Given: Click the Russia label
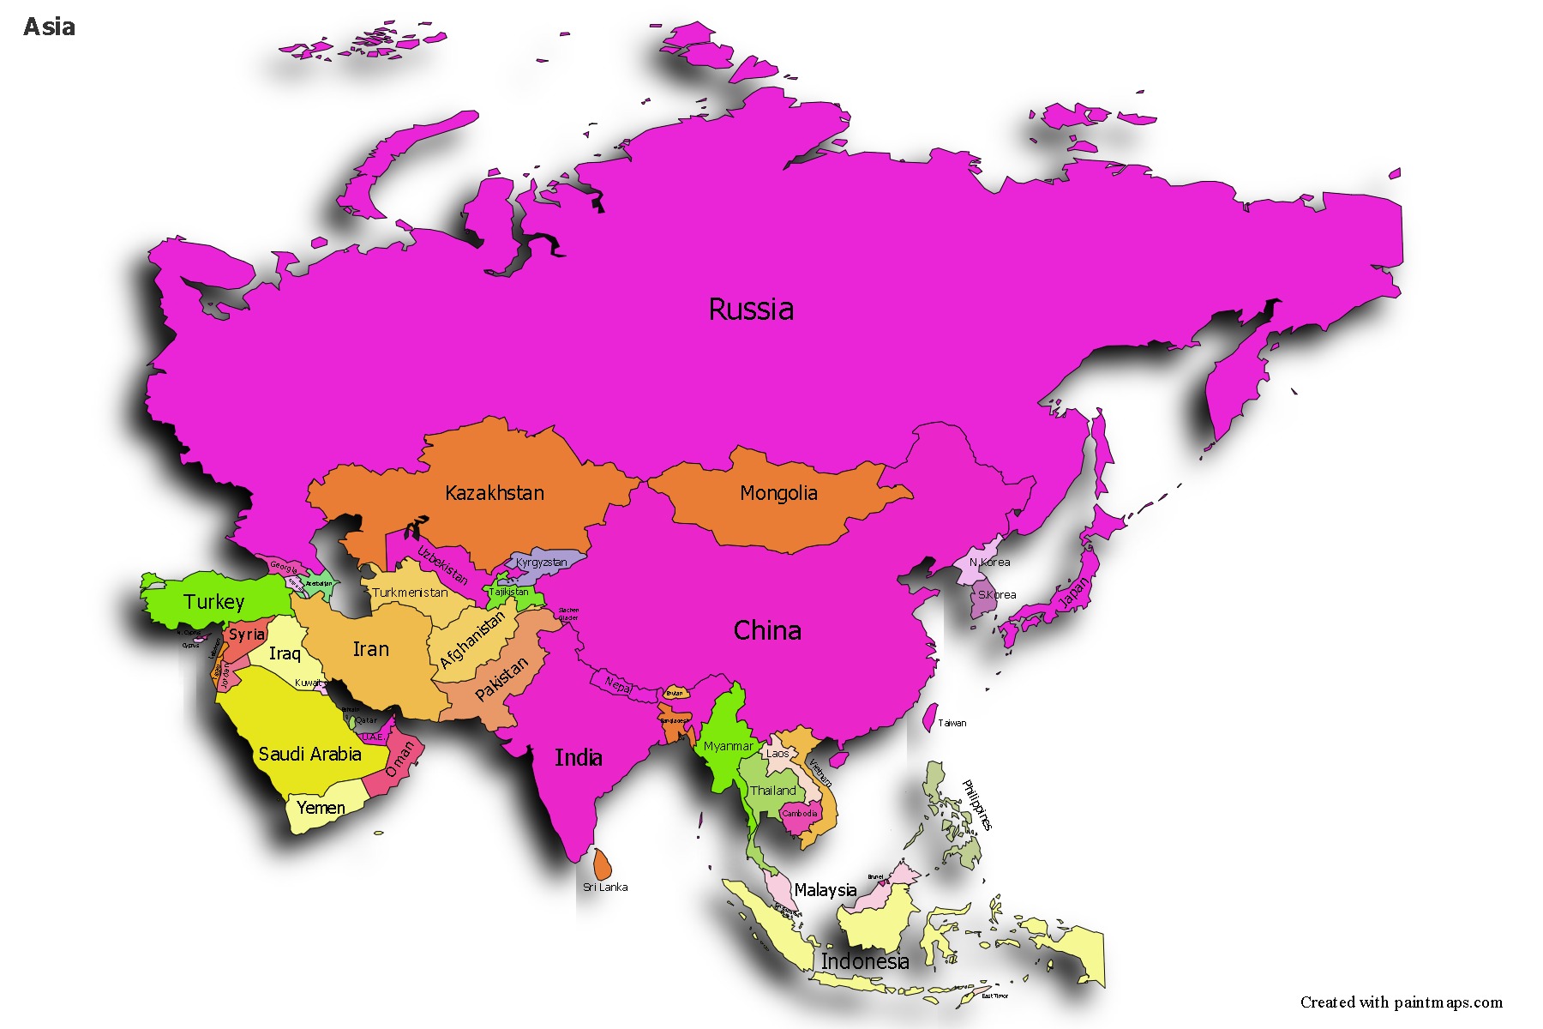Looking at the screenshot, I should point(751,310).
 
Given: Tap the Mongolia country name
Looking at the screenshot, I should point(778,493).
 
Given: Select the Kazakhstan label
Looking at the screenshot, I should point(495,493).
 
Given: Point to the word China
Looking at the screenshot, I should point(767,631).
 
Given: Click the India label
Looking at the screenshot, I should point(579,758).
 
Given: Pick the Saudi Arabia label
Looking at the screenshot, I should point(309,755).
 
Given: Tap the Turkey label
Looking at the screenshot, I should point(213,602).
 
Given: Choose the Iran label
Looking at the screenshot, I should point(371,649).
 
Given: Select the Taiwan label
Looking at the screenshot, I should point(952,723).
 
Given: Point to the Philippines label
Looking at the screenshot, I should point(977,804).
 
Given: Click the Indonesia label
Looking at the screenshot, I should point(864,962).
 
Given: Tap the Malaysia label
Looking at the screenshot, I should point(825,890).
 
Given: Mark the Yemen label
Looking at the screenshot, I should point(321,808).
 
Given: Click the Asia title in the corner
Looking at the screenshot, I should point(50,27).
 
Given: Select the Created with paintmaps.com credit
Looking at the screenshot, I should point(1401,1002).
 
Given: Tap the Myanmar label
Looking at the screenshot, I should point(728,746).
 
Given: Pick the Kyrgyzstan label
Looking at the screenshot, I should point(541,563).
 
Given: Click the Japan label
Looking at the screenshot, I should point(1074,593).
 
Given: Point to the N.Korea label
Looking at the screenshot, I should point(989,563).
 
